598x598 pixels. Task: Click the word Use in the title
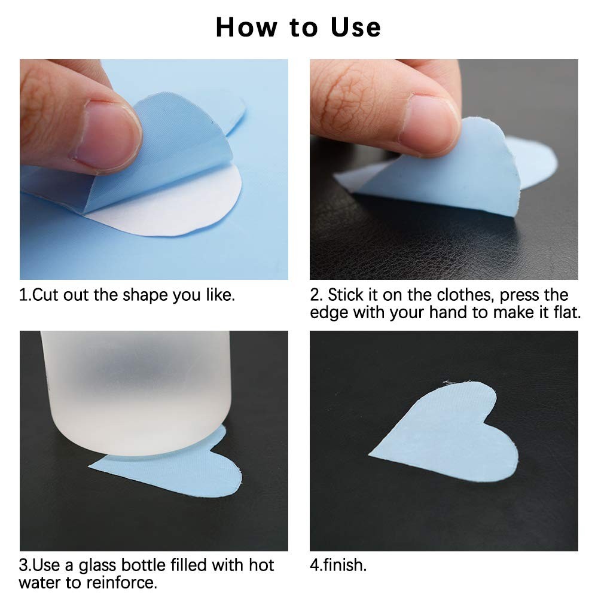[x=355, y=28]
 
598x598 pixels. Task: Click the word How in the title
[x=247, y=28]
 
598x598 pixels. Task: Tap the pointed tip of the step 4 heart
[x=369, y=453]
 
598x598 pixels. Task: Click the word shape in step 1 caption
[x=145, y=295]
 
